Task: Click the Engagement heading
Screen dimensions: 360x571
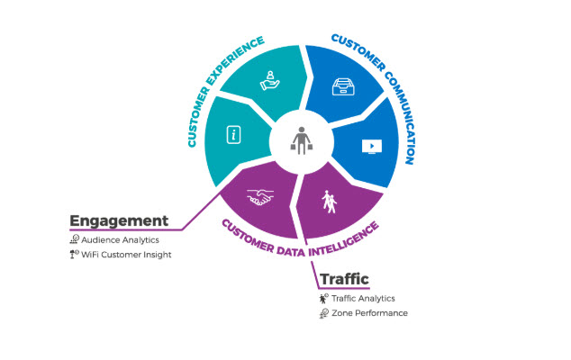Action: tap(120, 220)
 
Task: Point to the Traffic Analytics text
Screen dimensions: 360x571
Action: tap(363, 298)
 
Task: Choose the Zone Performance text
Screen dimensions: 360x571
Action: tap(370, 313)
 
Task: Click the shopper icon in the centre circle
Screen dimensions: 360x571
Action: tap(301, 141)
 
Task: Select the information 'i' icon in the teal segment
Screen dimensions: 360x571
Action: tap(233, 135)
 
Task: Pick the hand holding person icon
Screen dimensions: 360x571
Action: tap(268, 80)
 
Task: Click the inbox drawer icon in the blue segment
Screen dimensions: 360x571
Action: tap(342, 87)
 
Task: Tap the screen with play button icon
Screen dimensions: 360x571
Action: tap(370, 145)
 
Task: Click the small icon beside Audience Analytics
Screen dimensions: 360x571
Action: tap(75, 240)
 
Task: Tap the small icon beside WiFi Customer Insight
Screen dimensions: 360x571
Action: tap(75, 256)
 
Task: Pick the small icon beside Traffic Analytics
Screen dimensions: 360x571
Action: tap(322, 298)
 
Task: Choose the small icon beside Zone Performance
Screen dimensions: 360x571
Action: tap(322, 313)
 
